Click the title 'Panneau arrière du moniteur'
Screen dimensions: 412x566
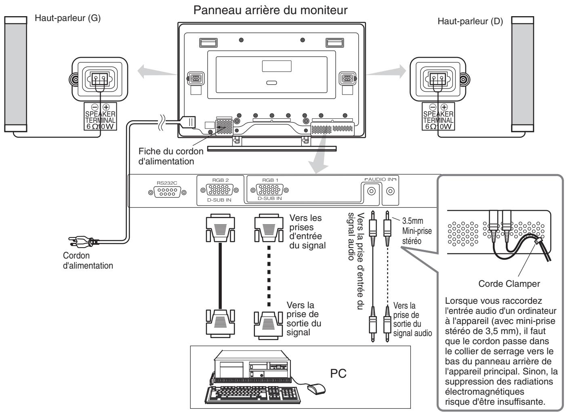(x=270, y=11)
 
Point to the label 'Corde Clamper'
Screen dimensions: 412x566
(x=509, y=284)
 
